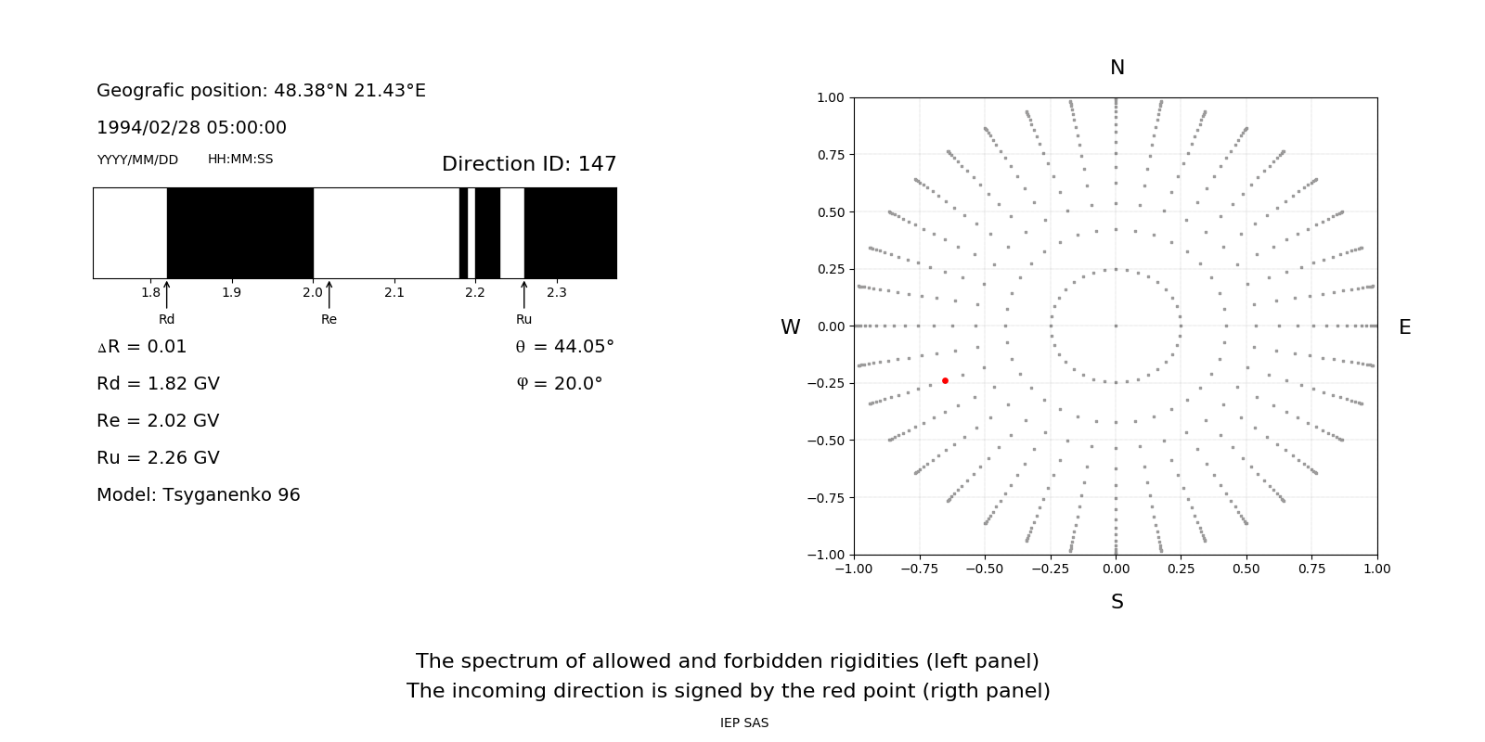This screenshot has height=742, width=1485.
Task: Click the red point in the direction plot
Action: pos(945,380)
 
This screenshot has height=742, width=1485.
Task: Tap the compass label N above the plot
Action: pos(1117,68)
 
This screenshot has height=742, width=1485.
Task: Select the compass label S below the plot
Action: pos(1117,602)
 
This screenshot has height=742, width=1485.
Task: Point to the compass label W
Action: pos(790,327)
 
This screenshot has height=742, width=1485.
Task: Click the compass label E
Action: pos(1404,327)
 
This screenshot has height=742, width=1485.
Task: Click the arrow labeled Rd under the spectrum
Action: pos(167,295)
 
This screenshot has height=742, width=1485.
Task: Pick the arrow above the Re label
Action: pos(329,295)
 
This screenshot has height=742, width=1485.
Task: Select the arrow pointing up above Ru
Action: pos(524,295)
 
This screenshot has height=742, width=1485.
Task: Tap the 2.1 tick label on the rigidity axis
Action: pos(394,293)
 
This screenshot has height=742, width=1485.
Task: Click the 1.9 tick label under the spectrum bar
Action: pos(231,293)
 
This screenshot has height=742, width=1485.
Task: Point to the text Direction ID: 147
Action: pos(529,164)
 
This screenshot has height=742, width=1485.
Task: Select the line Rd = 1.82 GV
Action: pos(158,384)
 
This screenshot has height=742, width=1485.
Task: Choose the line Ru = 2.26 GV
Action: pos(158,458)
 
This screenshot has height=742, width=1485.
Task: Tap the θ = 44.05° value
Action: pos(564,347)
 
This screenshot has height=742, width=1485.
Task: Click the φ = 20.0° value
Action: pos(559,384)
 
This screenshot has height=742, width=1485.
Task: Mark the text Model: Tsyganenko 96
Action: pos(198,495)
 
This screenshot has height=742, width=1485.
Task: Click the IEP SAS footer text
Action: pos(743,723)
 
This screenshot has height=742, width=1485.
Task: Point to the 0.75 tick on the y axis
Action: pos(830,155)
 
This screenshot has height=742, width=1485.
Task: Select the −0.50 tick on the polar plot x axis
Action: pos(984,569)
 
